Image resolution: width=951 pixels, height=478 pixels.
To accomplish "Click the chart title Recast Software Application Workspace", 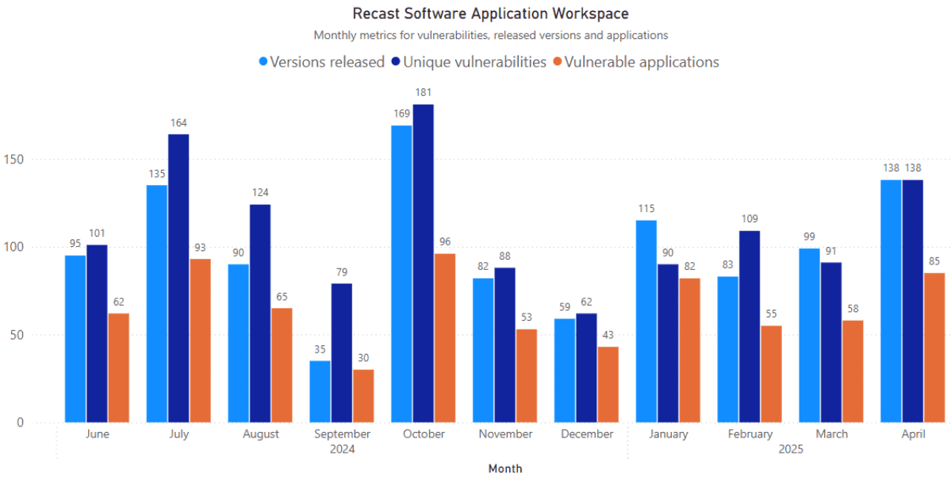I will point(490,13).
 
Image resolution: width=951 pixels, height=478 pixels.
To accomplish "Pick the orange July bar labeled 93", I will point(200,341).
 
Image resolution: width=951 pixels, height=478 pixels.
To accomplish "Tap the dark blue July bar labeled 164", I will point(178,278).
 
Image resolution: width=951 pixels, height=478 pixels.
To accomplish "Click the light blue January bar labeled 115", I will point(646,322).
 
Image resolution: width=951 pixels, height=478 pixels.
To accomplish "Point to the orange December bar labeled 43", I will point(608,384).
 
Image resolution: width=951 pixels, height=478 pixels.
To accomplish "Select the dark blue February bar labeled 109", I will point(750,326).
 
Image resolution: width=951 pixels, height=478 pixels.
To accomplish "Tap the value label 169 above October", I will point(401,114).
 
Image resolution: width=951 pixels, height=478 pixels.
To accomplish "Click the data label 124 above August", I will point(260,192).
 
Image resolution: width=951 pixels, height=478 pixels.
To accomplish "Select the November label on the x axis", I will point(505,434).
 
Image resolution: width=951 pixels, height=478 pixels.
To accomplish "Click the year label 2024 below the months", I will point(342,449).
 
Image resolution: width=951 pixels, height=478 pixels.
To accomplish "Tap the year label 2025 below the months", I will point(790,449).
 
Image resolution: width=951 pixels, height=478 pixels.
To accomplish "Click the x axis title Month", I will point(505,468).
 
